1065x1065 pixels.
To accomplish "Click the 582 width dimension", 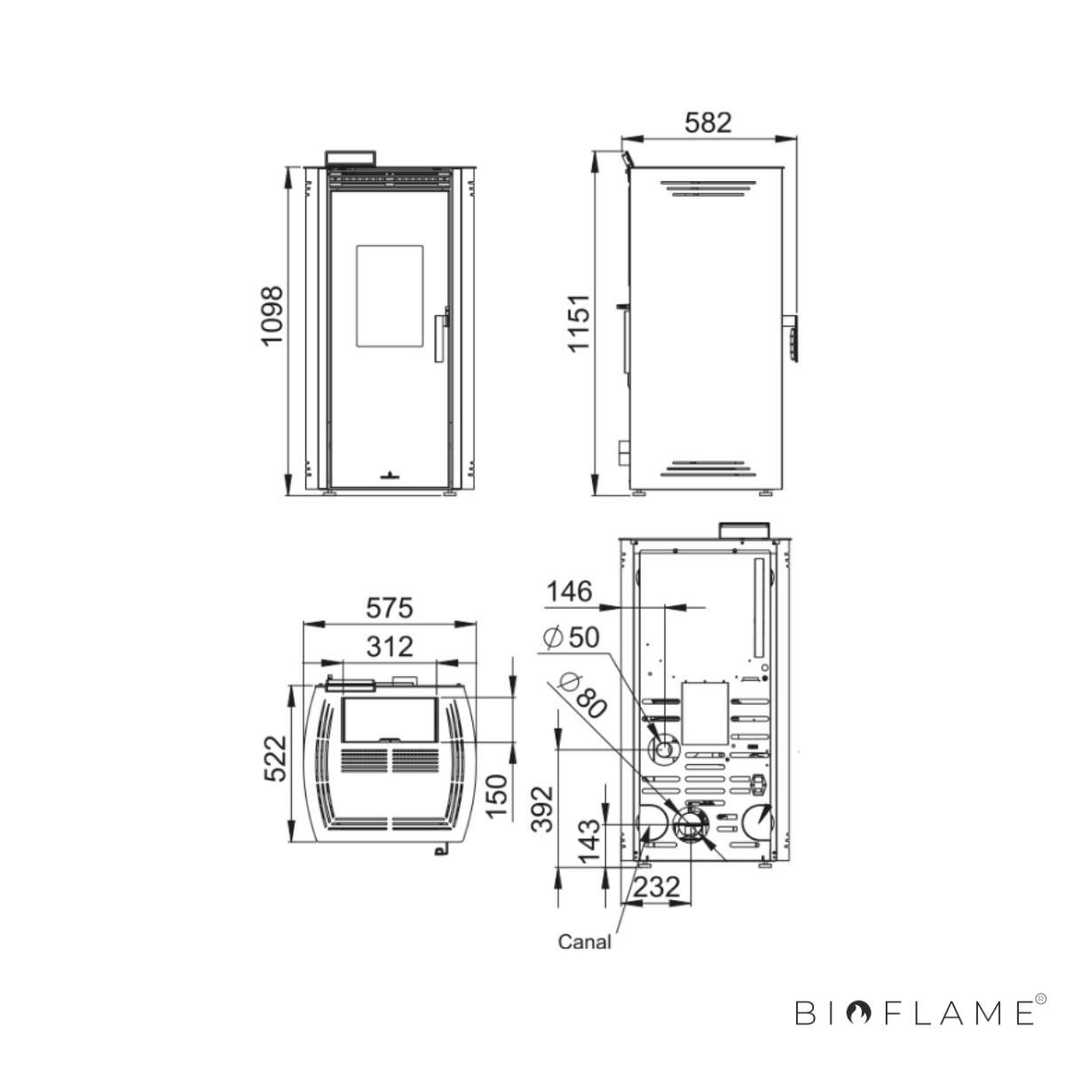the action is click(707, 122).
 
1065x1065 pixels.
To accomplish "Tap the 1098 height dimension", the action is click(272, 317).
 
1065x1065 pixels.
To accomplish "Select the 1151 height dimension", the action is click(580, 323).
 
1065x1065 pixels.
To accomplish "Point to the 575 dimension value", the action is click(389, 609).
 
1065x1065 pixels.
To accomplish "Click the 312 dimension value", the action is click(390, 647).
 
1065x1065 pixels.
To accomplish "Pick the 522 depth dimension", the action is click(276, 758).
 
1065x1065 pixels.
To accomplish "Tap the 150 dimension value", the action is click(496, 796).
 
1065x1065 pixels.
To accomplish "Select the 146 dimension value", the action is click(569, 592).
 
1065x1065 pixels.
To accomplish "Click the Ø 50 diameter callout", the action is click(572, 638).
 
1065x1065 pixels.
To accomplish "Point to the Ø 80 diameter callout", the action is click(582, 695).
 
